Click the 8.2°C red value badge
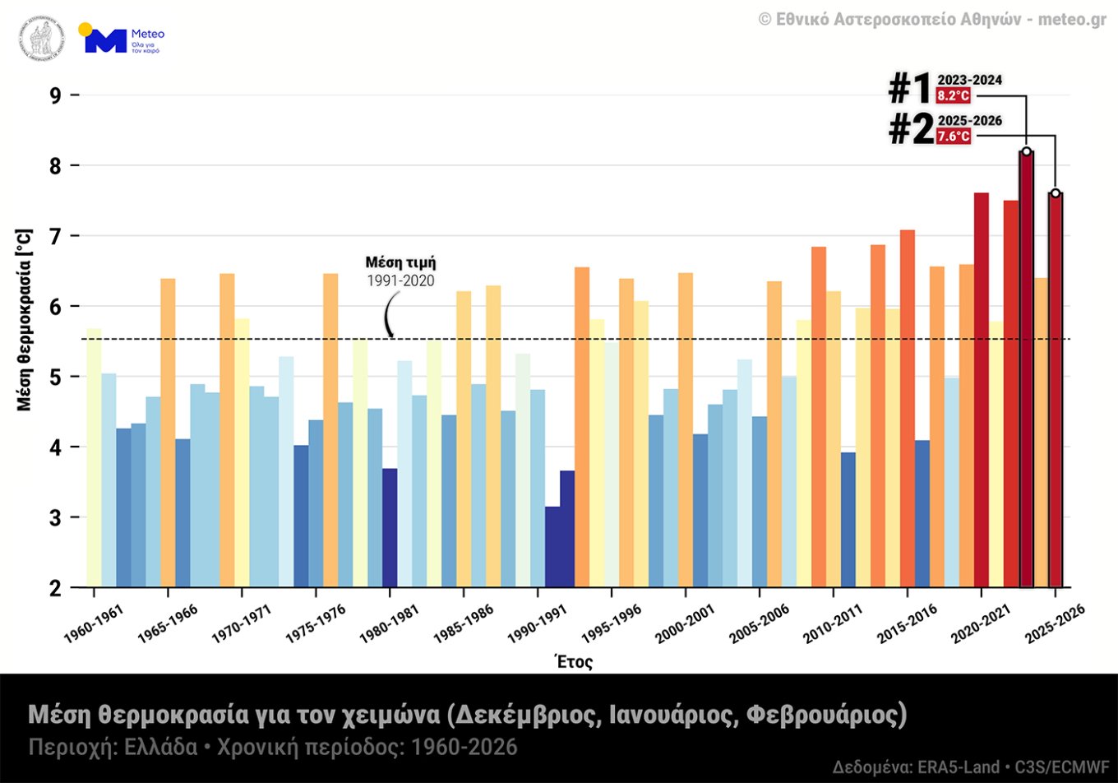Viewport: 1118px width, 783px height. pos(953,95)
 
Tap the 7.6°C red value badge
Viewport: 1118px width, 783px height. pos(953,137)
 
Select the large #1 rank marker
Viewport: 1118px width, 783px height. pos(910,89)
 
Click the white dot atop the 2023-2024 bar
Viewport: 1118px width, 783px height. pos(1026,151)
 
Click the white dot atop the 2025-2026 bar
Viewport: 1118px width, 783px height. pos(1056,193)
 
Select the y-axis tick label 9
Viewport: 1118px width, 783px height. pos(55,95)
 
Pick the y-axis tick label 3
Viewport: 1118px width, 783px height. pos(55,517)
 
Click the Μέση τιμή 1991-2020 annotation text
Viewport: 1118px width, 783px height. pos(400,271)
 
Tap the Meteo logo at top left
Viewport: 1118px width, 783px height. pos(122,39)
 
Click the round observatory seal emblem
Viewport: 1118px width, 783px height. pos(41,39)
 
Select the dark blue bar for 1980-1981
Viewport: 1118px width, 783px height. pos(390,527)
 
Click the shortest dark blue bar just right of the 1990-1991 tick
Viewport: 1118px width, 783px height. pos(552,547)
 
